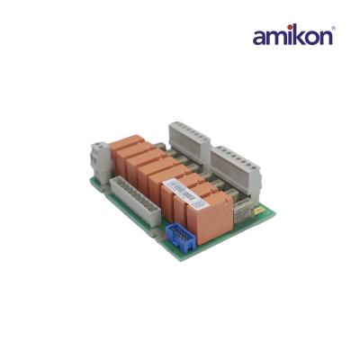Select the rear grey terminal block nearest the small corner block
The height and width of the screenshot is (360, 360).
click(x=193, y=135)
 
